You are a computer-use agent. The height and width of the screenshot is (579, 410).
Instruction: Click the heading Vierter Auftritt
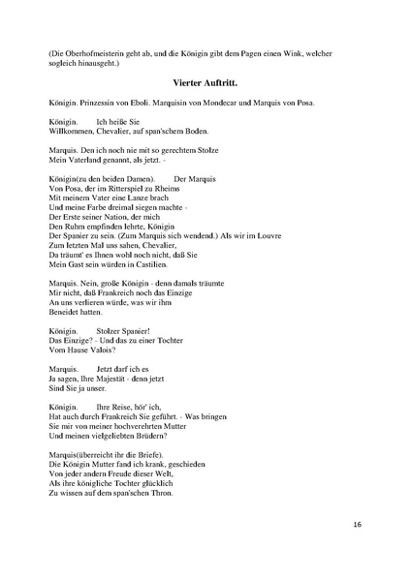click(205, 84)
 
